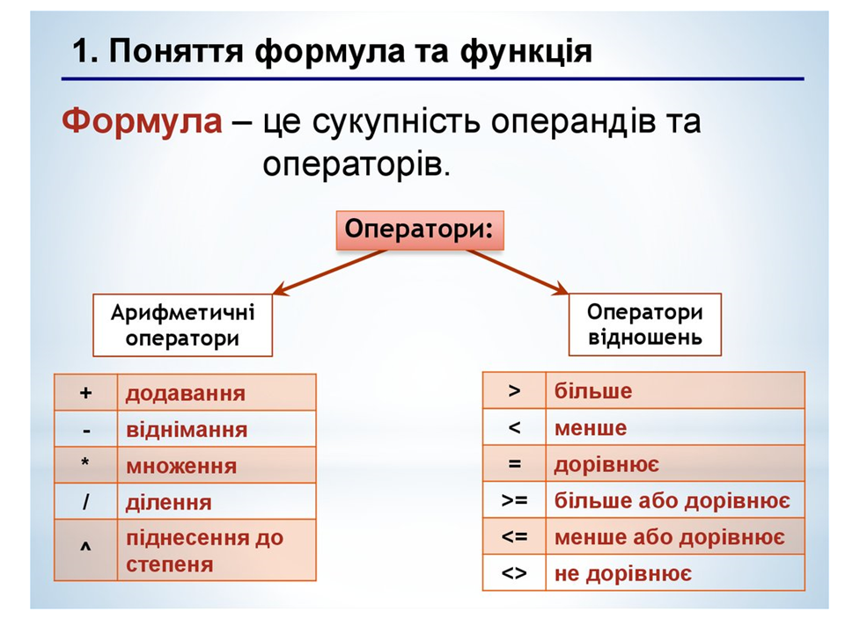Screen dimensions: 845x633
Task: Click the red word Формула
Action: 142,120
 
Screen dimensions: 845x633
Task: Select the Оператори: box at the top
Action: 420,230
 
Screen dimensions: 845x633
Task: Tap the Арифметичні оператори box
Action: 183,325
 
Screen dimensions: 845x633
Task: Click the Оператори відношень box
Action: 645,324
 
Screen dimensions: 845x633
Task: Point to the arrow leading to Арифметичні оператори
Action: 330,272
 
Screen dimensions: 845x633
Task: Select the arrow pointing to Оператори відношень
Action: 518,272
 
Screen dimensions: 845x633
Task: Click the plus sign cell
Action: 85,392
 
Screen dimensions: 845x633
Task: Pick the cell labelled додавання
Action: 217,392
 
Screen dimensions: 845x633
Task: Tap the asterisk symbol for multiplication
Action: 85,463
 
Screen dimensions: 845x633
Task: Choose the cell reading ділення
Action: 217,502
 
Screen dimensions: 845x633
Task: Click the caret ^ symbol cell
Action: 85,549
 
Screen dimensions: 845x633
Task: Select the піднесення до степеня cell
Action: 217,549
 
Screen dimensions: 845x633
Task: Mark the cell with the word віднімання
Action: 217,429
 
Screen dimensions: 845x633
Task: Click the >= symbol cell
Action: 515,500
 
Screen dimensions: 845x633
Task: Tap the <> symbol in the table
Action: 514,573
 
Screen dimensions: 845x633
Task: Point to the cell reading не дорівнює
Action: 675,572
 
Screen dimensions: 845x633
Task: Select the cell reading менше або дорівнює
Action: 675,536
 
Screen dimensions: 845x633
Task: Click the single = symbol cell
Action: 515,463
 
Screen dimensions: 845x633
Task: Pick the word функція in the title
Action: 526,52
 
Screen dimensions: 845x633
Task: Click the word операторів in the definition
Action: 356,164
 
